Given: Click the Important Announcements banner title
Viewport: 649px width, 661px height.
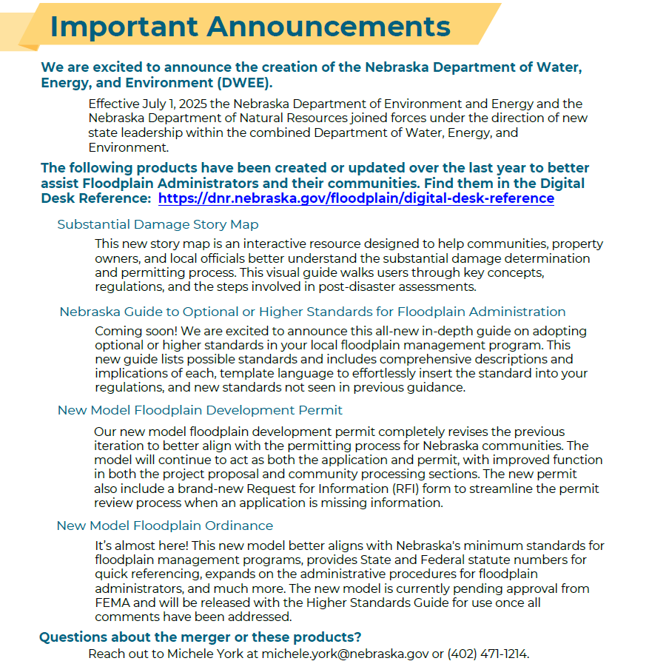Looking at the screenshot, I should [x=249, y=27].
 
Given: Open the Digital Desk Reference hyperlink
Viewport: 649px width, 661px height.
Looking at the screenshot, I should [x=356, y=198].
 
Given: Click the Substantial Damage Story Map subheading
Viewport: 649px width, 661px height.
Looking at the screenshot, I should [x=158, y=224].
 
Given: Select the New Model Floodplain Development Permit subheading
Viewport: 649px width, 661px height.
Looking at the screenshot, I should [x=200, y=410].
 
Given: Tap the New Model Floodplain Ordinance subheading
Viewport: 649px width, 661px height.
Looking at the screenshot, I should [x=165, y=526].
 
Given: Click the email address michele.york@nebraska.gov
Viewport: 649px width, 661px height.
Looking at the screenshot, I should [x=349, y=654].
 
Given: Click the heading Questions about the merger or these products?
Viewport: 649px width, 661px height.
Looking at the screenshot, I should [x=200, y=637].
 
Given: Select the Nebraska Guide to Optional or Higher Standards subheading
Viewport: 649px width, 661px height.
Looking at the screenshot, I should [x=312, y=312].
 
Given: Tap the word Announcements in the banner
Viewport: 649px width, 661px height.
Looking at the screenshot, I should [x=329, y=27].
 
